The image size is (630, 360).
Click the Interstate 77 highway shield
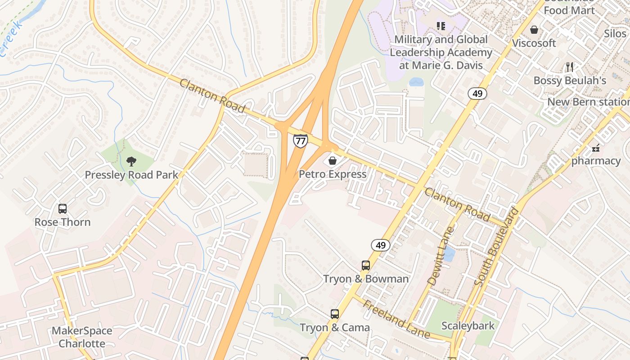tap(300, 140)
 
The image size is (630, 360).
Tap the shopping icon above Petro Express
tap(333, 160)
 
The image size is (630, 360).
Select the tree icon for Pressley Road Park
tap(131, 161)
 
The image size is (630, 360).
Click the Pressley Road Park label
tap(131, 175)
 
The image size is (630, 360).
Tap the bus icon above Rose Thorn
tap(63, 209)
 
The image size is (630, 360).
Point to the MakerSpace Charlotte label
tap(82, 337)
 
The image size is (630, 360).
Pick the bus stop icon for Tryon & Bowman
tap(366, 265)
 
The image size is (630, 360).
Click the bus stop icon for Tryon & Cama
tap(335, 314)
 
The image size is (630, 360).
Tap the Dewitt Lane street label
tap(441, 256)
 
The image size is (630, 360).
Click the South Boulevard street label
tap(496, 247)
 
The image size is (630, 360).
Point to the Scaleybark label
tap(468, 326)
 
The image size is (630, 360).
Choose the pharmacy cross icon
tap(596, 148)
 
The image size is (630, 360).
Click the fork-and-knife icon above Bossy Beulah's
tap(570, 67)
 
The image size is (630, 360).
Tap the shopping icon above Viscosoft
tap(534, 30)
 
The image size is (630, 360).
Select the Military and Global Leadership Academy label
tap(441, 52)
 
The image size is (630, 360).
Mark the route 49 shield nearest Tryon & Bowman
tap(381, 245)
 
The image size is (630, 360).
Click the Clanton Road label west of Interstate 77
tap(212, 96)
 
